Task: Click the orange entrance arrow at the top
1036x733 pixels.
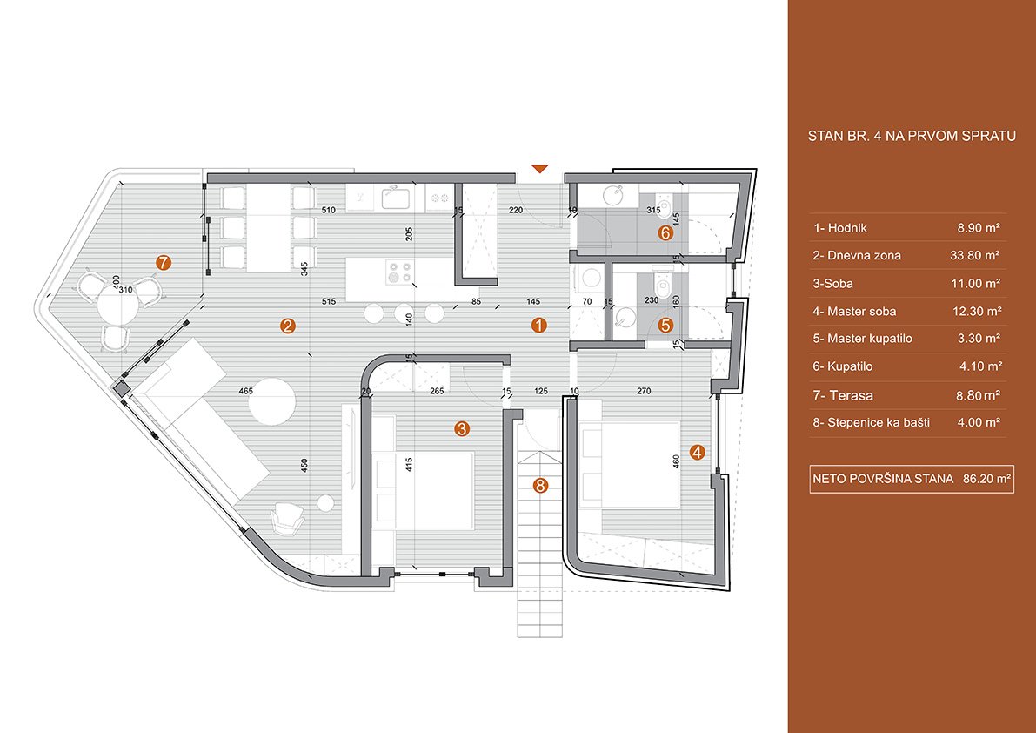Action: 540,168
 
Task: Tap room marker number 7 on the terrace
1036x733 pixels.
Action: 164,262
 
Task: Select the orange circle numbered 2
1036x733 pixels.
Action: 287,326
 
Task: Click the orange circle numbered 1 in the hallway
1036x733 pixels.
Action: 540,325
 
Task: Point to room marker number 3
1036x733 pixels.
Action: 462,429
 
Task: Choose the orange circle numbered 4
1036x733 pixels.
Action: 697,452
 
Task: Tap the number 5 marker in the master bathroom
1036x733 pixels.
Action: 665,326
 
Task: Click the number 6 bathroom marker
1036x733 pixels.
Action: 665,232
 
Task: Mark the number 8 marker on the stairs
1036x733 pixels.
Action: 540,486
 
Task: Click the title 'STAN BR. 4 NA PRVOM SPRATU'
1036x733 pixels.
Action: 912,137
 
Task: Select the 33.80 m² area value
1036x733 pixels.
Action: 979,256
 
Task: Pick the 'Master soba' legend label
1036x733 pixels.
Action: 861,312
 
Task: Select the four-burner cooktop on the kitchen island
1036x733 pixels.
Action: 399,272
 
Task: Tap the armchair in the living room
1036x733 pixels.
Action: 288,517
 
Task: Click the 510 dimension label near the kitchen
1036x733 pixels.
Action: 329,210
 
